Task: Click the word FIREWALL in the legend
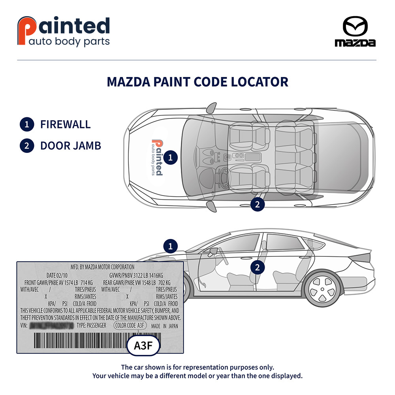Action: (x=65, y=124)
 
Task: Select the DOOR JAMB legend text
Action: (x=70, y=146)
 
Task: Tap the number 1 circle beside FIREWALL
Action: (x=27, y=124)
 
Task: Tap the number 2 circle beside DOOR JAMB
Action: (x=27, y=146)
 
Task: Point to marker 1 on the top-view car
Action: (x=171, y=157)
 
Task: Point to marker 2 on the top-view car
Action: (x=258, y=204)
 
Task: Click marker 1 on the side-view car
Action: (x=171, y=247)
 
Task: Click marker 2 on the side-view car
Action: (x=258, y=267)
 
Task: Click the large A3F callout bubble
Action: (x=143, y=346)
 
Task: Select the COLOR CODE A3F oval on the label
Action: (x=130, y=325)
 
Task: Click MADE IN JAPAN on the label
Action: (x=165, y=326)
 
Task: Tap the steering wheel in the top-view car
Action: (x=222, y=177)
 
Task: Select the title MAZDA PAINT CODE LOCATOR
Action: (x=197, y=82)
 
